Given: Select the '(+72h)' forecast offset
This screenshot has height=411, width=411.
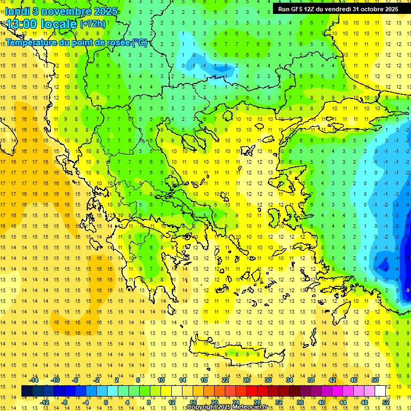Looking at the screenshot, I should click(x=93, y=24).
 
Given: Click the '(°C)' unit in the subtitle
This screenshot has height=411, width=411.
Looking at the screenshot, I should click(x=140, y=42).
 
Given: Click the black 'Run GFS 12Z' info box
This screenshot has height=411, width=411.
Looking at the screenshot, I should click(x=338, y=9).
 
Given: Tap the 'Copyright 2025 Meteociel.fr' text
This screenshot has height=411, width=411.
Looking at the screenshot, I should click(x=227, y=407).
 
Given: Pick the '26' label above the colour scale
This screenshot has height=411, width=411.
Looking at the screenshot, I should click(x=247, y=380).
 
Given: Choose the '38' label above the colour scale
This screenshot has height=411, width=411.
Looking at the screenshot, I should click(x=311, y=380).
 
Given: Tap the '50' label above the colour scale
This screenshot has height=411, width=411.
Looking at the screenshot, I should click(x=375, y=380).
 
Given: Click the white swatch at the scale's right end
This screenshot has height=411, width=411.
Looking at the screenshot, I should click(x=380, y=391).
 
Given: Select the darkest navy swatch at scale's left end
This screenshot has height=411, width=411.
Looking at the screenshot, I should click(x=27, y=391).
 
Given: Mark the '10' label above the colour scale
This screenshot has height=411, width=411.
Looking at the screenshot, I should click(x=161, y=380).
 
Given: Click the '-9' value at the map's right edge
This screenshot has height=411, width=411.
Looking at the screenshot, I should click(x=407, y=290).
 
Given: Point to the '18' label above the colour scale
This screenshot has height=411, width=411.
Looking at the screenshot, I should click(x=204, y=380).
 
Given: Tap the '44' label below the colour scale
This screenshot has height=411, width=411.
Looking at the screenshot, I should click(x=343, y=402).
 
